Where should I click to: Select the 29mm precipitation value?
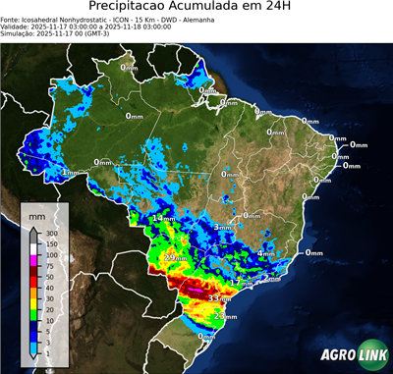point(176,258)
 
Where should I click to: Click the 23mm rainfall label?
point(226,317)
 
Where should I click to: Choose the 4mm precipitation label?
point(265,253)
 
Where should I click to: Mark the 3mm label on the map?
point(223,227)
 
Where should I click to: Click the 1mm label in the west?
point(70,173)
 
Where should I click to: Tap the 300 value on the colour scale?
point(50,234)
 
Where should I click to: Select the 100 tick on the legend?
point(50,255)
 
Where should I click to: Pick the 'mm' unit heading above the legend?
point(36,214)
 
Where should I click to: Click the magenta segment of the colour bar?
point(33,261)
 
